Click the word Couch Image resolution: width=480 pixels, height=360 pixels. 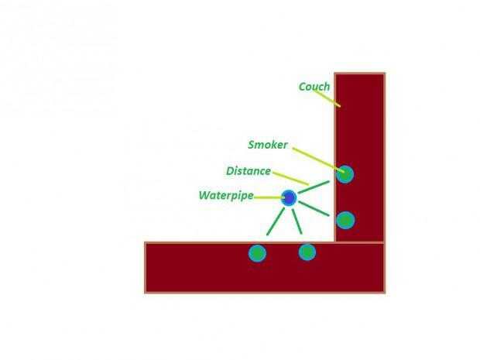314,87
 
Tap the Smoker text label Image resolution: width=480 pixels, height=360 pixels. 268,145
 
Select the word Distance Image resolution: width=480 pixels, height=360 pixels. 249,171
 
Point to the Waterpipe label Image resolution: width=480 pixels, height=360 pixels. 225,196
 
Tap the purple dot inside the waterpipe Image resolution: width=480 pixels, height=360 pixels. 289,198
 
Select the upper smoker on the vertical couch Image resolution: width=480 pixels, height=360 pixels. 345,174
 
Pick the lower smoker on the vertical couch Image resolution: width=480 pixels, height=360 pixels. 345,221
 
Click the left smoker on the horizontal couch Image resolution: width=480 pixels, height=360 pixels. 257,253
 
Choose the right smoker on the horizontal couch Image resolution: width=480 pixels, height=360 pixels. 307,252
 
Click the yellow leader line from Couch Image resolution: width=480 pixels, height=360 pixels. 330,99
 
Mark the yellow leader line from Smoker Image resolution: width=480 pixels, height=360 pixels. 317,159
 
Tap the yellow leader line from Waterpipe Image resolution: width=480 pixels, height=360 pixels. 268,197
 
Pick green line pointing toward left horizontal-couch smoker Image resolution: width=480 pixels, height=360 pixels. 274,222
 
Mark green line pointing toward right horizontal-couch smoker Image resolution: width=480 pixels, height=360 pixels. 297,221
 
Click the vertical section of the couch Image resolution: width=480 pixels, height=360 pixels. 360,124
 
